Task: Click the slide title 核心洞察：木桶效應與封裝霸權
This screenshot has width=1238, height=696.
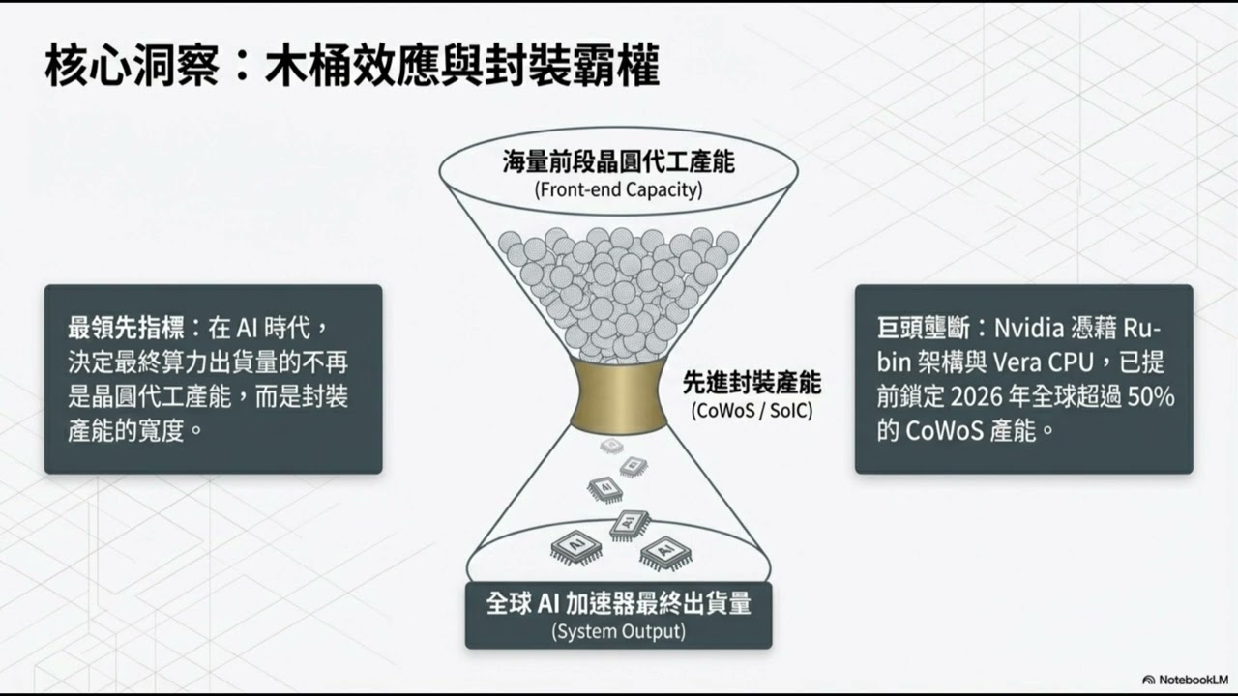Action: (352, 69)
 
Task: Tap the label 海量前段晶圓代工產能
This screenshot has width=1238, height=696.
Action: (618, 161)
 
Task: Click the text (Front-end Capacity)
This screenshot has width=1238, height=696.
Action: (618, 189)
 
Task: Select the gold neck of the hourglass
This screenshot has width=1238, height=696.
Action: (618, 396)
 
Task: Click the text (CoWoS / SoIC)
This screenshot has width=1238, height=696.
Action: (752, 410)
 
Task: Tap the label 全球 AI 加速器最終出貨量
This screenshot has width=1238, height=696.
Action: (618, 604)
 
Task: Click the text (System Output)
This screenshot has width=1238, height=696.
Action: (618, 632)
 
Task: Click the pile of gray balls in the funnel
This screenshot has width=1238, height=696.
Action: (618, 285)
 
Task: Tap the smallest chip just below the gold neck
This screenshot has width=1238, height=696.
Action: (611, 446)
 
